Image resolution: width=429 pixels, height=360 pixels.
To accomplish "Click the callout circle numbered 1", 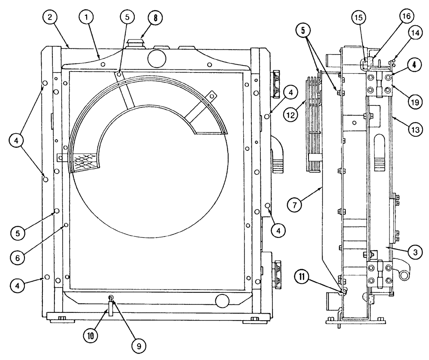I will [x=87, y=18].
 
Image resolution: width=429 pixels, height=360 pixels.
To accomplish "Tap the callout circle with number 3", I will [x=413, y=252].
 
